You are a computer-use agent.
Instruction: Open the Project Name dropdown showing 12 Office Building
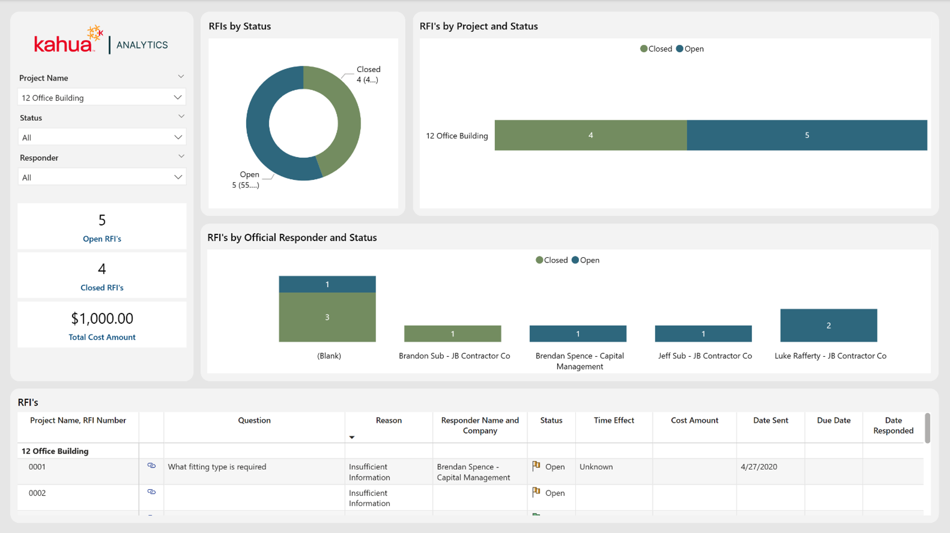pos(102,97)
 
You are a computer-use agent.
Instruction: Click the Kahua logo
pos(68,40)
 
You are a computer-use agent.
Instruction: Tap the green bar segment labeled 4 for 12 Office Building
pos(591,135)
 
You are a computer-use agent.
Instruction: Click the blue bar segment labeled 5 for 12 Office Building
pos(807,135)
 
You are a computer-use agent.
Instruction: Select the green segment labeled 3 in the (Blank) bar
pos(327,317)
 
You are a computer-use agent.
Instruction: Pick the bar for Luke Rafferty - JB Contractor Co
pos(829,326)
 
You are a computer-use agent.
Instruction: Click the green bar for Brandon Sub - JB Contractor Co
pos(453,334)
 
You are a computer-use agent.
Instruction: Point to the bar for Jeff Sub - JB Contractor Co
pos(703,334)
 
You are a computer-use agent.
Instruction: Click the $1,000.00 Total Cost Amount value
pos(102,318)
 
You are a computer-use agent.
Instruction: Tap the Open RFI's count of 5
pos(102,220)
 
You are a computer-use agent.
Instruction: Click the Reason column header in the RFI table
pos(389,420)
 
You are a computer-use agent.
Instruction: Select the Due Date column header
pos(834,420)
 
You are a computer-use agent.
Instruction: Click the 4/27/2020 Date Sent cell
pos(759,467)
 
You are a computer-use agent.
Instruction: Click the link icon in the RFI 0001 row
pos(151,466)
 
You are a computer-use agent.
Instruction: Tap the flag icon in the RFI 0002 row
pos(536,492)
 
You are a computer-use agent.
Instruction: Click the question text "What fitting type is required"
pos(217,467)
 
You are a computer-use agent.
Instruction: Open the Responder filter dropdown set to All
pos(102,177)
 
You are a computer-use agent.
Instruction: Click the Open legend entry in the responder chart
pos(586,260)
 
